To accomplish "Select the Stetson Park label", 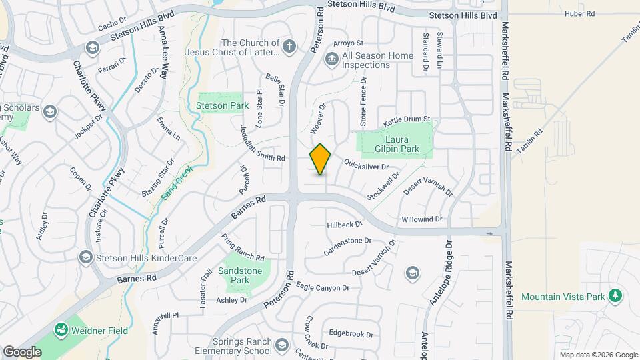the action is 222,105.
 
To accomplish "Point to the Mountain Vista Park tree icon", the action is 616,295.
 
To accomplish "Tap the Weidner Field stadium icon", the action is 61,330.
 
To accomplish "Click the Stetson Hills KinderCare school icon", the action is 85,256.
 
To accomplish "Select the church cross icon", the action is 288,47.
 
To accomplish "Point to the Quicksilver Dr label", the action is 366,165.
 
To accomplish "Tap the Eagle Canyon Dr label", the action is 323,287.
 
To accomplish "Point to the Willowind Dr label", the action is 422,219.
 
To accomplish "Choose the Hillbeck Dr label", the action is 344,225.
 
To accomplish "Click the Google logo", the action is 22,351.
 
